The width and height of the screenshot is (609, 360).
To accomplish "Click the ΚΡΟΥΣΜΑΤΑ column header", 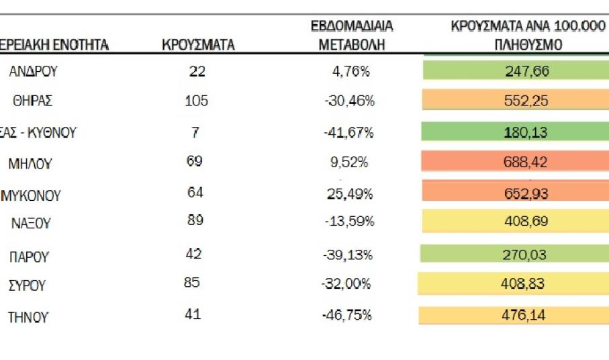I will point(198,46).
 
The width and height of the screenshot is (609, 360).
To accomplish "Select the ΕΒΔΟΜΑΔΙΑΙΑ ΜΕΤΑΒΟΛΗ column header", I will point(351,36).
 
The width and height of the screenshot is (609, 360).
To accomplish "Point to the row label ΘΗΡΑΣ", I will point(32,102).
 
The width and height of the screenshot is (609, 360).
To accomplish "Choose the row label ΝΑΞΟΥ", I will point(31,224).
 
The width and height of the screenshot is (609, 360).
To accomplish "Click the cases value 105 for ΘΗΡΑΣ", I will point(196,101).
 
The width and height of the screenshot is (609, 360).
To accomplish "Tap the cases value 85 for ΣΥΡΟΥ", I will point(192,283).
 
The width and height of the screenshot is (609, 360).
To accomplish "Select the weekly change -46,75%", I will point(347,314).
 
